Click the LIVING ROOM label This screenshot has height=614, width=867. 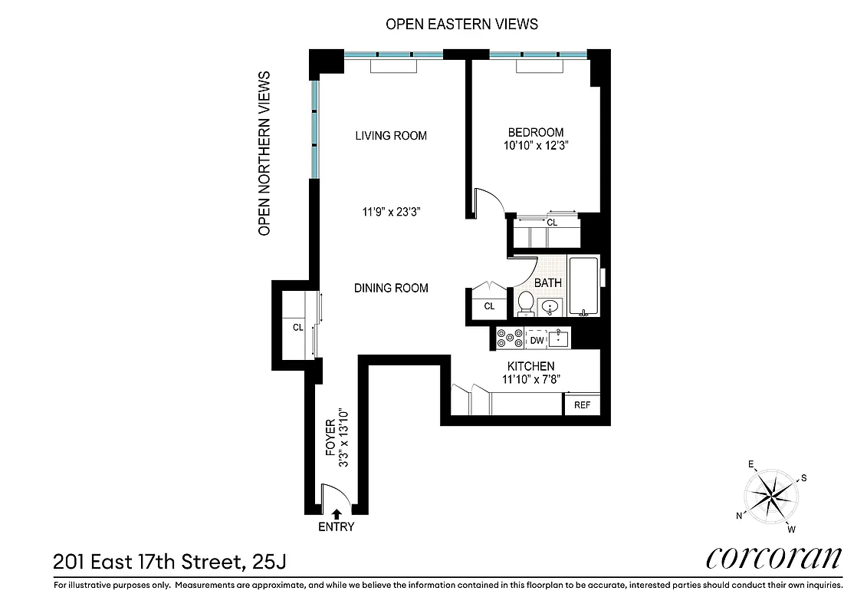tap(390, 136)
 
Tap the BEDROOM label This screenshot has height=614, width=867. tap(536, 132)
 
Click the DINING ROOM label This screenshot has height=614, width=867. tap(391, 289)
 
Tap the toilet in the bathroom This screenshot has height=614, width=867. tap(526, 302)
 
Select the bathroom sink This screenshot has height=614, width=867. tap(550, 307)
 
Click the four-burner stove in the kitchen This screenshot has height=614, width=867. tap(509, 338)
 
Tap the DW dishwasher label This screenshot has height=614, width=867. tap(537, 339)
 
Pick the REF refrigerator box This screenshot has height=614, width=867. tap(582, 405)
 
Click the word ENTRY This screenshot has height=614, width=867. tap(337, 527)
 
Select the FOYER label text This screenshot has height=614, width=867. tap(330, 443)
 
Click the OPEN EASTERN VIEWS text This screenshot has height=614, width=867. tap(461, 25)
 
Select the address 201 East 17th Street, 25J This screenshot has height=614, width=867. tap(169, 563)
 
